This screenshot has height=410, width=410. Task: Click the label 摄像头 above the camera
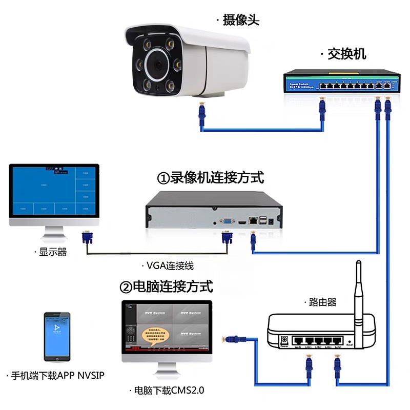pyautogui.click(x=241, y=20)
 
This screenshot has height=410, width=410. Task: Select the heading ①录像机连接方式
pyautogui.click(x=211, y=178)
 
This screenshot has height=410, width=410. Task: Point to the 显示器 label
pyautogui.click(x=53, y=252)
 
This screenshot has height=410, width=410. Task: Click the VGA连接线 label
pyautogui.click(x=170, y=265)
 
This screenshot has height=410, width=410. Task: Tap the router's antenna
pyautogui.click(x=359, y=287)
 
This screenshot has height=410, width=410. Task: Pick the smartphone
pyautogui.click(x=57, y=336)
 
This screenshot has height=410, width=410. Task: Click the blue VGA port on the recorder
pyautogui.click(x=226, y=221)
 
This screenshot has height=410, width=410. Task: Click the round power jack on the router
pyautogui.click(x=284, y=339)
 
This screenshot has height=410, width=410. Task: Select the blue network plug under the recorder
pyautogui.click(x=253, y=241)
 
